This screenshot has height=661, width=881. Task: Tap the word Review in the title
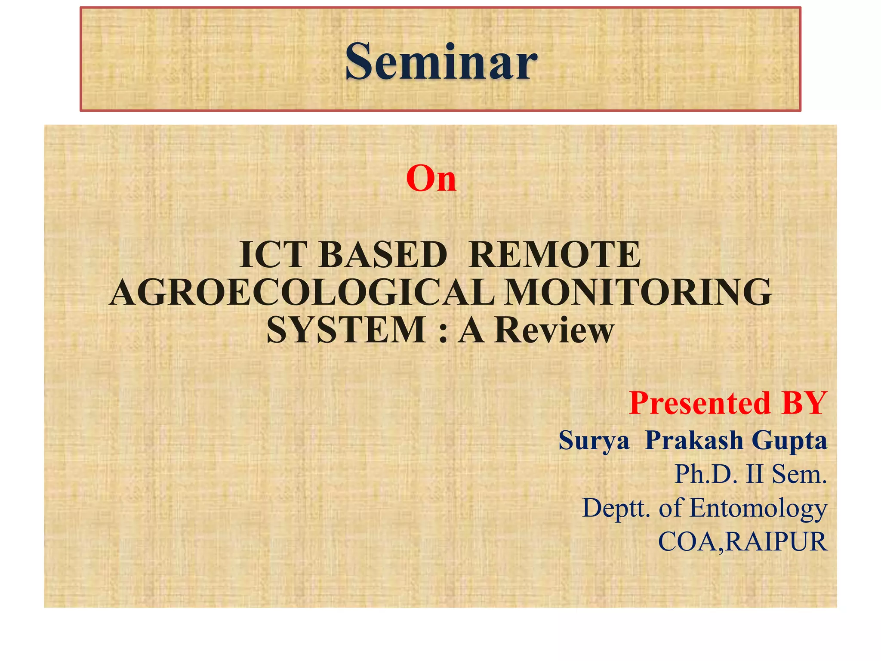(x=554, y=330)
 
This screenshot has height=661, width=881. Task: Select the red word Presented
(x=699, y=403)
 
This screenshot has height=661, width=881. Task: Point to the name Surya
(x=594, y=440)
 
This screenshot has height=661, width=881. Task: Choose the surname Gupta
(x=789, y=441)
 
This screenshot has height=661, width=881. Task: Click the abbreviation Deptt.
(x=616, y=508)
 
